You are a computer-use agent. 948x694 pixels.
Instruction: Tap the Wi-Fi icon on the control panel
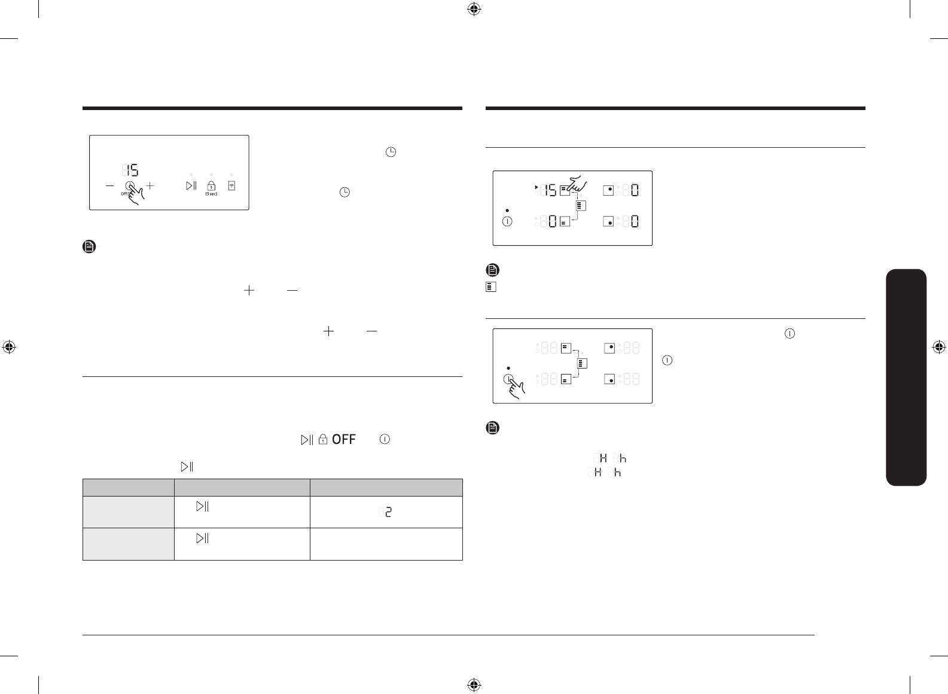tap(231, 185)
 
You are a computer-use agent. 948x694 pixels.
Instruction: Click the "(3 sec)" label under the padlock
tap(211, 194)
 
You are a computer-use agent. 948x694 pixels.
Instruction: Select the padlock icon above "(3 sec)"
tap(211, 185)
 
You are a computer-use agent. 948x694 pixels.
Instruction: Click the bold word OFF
tap(344, 440)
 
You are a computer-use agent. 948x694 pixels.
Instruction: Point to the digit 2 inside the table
tap(389, 512)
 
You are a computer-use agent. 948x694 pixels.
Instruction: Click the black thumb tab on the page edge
tap(906, 378)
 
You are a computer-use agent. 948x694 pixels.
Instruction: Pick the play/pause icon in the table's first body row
tap(202, 506)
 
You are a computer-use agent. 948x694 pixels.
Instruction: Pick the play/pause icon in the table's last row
tap(202, 538)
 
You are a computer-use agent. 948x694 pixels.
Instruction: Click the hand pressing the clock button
tap(135, 195)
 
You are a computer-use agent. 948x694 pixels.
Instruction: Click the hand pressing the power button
tap(516, 388)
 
